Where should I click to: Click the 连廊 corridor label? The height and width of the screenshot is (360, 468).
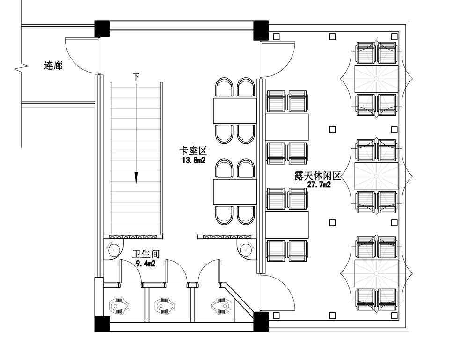(x=53, y=66)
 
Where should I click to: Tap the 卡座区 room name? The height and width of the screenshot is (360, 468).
(x=193, y=151)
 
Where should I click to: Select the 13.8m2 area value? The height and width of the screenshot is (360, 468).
(x=193, y=160)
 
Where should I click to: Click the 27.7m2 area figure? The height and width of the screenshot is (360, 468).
(x=319, y=185)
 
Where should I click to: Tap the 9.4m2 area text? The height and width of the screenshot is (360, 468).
(x=146, y=264)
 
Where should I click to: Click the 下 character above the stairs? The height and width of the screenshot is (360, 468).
(x=136, y=76)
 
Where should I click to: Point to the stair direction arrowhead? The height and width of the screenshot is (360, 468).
(x=136, y=177)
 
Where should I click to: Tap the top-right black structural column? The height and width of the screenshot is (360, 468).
(x=261, y=30)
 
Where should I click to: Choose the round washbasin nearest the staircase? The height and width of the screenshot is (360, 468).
(x=113, y=250)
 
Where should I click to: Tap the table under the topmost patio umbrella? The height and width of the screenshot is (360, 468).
(x=376, y=79)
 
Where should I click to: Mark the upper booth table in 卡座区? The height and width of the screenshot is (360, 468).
(x=235, y=110)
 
